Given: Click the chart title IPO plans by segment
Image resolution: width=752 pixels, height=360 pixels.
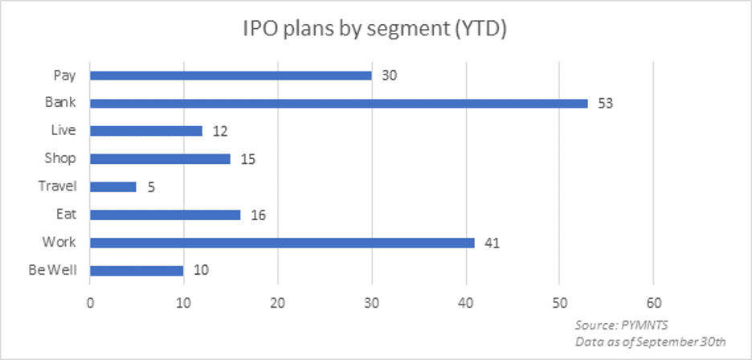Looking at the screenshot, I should (376, 30).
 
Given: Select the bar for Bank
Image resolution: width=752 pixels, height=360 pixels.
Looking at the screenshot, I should (338, 103).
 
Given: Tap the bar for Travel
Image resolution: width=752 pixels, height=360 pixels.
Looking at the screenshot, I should (112, 186).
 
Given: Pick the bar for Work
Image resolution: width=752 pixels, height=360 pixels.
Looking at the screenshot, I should (282, 242).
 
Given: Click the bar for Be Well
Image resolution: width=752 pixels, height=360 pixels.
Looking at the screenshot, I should (136, 270).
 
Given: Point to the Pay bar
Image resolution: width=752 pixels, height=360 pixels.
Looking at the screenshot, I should (231, 76).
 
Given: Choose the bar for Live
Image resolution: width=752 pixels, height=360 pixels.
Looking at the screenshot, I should (145, 131).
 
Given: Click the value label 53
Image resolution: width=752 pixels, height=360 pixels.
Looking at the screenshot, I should (605, 104).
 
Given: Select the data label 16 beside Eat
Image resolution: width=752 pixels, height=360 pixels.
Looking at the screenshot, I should (258, 215).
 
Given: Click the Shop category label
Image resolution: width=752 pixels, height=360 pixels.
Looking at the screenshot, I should (64, 158).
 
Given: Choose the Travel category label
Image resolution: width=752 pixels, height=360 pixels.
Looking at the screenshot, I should (59, 186).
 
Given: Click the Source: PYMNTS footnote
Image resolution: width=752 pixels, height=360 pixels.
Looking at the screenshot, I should (616, 325).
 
